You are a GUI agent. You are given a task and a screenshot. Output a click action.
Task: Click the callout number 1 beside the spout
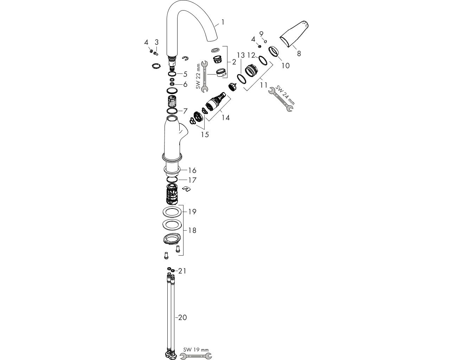[x=223, y=22]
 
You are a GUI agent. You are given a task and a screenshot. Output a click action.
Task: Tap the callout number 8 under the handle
[x=299, y=53]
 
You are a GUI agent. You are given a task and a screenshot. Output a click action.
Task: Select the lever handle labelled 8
[x=294, y=34]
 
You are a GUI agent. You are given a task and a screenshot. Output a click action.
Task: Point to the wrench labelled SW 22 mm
[x=204, y=76]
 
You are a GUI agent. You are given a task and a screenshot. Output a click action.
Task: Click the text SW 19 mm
[x=196, y=349]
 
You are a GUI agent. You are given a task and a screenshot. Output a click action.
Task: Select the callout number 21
[x=182, y=271]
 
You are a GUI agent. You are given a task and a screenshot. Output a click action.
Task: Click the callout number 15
[x=205, y=135]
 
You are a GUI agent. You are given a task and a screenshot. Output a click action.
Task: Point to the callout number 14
[x=226, y=117]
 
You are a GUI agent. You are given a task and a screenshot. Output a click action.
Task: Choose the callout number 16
[x=192, y=170]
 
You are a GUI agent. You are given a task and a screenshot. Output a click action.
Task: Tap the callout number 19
[x=192, y=212]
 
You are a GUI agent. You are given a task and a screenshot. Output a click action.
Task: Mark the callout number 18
[x=192, y=230]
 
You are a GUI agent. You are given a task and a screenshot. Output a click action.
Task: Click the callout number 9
[x=261, y=34]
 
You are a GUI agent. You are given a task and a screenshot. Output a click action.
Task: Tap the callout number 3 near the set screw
[x=156, y=42]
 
